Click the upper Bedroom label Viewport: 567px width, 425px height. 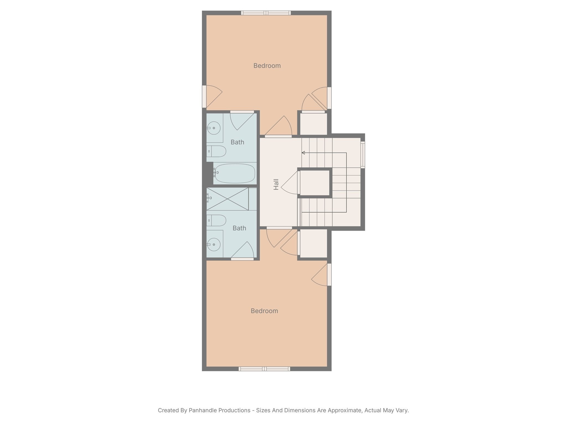click(x=267, y=66)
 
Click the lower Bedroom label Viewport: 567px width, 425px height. click(x=264, y=311)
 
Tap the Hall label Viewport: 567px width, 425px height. click(x=276, y=184)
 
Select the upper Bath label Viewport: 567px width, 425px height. click(x=237, y=142)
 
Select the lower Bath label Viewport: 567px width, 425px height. click(x=239, y=228)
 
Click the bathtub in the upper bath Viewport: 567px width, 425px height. click(x=235, y=173)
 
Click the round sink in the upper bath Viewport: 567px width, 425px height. click(x=214, y=128)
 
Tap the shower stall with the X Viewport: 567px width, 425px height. click(x=228, y=199)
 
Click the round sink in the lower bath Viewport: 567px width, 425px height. click(x=214, y=245)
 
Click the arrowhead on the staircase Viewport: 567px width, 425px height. click(x=303, y=153)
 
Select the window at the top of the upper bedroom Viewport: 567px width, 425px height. click(x=266, y=13)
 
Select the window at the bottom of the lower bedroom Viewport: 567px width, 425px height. click(x=264, y=369)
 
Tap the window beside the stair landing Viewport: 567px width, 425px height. click(x=363, y=155)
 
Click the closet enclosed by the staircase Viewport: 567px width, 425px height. click(x=315, y=183)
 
